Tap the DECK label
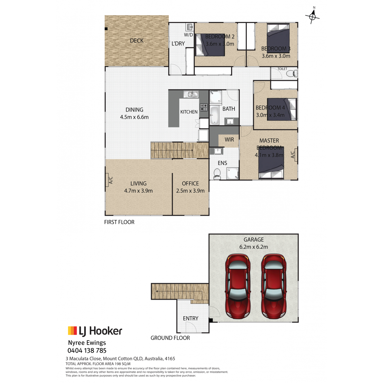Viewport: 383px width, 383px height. pyautogui.click(x=137, y=41)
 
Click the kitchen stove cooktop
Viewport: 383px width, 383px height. pyautogui.click(x=204, y=107)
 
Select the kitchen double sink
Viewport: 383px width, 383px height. pyautogui.click(x=191, y=94)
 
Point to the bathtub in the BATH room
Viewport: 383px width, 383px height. pyautogui.click(x=214, y=116)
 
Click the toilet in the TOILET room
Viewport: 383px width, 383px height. pyautogui.click(x=292, y=73)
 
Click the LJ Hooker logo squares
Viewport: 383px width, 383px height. pyautogui.click(x=72, y=331)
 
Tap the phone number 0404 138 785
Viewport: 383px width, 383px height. pyautogui.click(x=87, y=350)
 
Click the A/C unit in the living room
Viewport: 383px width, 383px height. pyautogui.click(x=107, y=180)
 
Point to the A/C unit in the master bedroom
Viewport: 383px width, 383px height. pyautogui.click(x=296, y=154)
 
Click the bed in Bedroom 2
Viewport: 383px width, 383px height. pyautogui.click(x=210, y=45)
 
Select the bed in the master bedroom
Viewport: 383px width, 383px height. pyautogui.click(x=271, y=162)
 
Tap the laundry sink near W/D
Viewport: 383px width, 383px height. pyautogui.click(x=189, y=26)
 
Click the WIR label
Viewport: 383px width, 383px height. pyautogui.click(x=229, y=139)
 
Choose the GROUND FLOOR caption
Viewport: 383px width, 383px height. pyautogui.click(x=170, y=338)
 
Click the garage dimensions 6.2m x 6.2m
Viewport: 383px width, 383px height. pyautogui.click(x=253, y=247)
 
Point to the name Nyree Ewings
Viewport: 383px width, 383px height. pyautogui.click(x=87, y=343)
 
